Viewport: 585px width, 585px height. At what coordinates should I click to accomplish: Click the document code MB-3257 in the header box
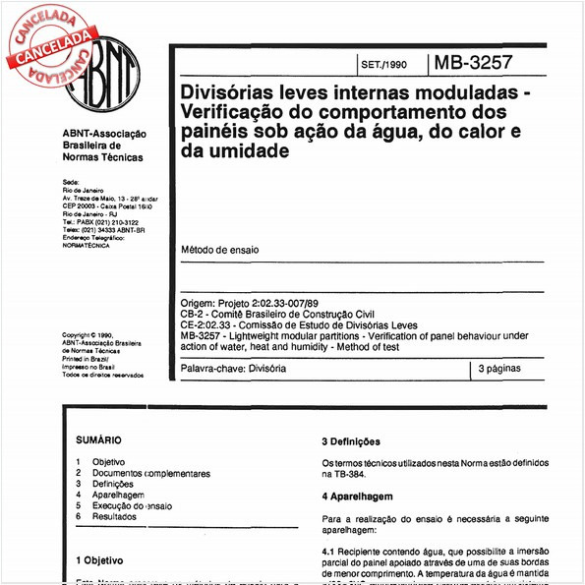(x=473, y=65)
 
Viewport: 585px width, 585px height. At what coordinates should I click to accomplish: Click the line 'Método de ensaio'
(x=220, y=250)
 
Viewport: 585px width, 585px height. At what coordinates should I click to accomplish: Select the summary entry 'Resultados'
(x=116, y=516)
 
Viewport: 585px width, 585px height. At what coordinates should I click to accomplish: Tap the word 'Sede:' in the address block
(x=70, y=183)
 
